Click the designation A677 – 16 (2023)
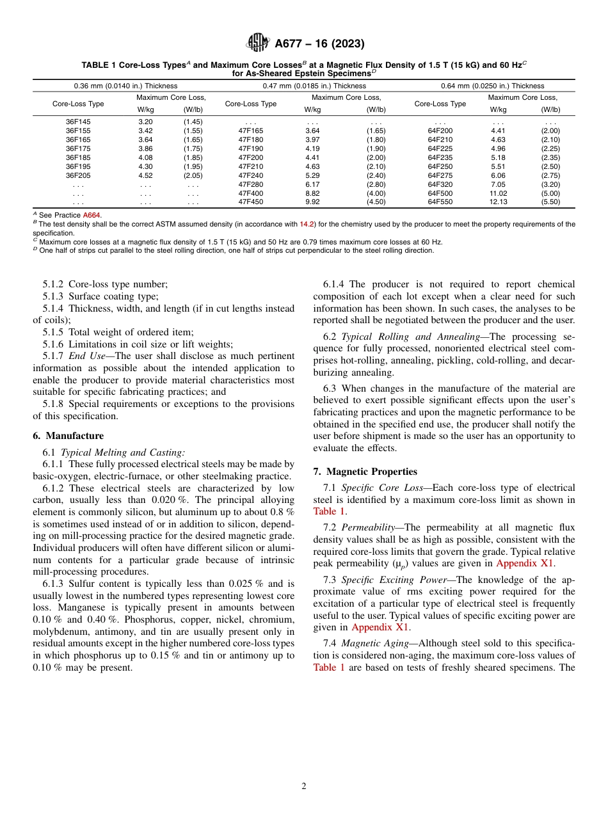point(319,44)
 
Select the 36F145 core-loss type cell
point(78,122)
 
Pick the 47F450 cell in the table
point(250,202)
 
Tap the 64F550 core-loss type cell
point(440,202)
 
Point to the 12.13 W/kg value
point(498,202)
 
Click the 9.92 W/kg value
point(312,202)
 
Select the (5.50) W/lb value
point(550,202)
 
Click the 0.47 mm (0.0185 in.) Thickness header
point(314,86)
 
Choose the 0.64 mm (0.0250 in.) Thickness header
point(492,86)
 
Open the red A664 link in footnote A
point(92,215)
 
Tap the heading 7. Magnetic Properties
point(365,472)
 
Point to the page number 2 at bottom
point(304,786)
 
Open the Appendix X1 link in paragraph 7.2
point(525,564)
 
